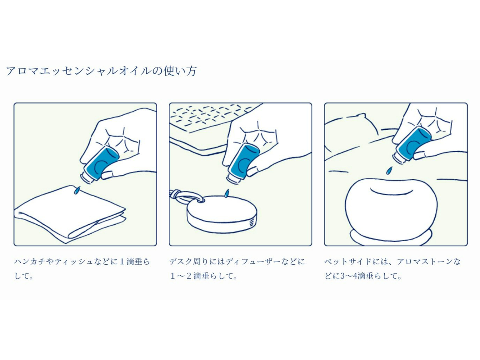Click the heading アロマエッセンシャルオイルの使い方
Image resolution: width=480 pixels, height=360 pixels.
(x=101, y=71)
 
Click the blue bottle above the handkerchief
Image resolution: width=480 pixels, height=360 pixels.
(x=100, y=165)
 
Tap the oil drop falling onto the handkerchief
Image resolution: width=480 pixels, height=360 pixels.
(x=76, y=190)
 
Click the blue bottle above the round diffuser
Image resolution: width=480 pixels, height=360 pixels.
(x=243, y=164)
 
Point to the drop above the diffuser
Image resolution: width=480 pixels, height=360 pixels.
(x=227, y=193)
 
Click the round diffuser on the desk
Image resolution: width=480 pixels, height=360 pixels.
(x=222, y=214)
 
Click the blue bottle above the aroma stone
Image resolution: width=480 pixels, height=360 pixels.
(x=412, y=145)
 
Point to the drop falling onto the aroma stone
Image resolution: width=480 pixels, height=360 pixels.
(x=390, y=171)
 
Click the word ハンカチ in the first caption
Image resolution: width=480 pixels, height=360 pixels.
(x=30, y=261)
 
